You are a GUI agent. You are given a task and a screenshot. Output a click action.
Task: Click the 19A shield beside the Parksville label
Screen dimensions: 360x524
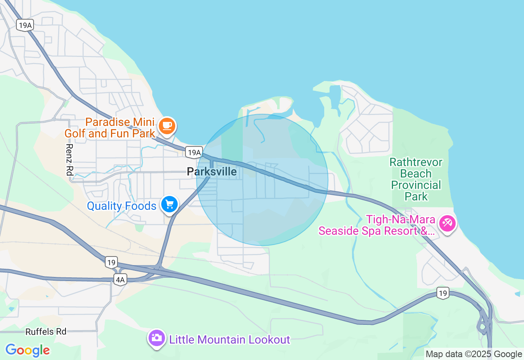pos(194,153)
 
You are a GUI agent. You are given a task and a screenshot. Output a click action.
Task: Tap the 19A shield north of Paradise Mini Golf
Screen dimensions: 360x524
pos(25,25)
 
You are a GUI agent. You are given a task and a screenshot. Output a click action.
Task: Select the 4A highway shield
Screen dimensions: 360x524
pos(120,280)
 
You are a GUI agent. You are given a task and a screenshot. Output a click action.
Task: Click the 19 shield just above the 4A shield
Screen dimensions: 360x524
pos(111,262)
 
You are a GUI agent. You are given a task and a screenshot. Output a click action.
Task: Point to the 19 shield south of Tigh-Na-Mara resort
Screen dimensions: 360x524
pos(443,292)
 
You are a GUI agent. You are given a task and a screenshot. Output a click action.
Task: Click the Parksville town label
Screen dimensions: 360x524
pos(212,171)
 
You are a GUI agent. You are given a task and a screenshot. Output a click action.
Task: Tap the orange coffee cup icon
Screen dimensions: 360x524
pos(167,126)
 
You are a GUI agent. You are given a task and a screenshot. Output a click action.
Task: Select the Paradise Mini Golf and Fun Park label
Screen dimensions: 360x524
pos(110,128)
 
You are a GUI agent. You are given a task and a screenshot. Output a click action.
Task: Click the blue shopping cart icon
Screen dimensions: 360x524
pos(169,204)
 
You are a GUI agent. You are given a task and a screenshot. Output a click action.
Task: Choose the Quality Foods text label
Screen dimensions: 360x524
pos(122,206)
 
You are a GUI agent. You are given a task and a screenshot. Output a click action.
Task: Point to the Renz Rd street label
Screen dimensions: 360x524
pos(69,160)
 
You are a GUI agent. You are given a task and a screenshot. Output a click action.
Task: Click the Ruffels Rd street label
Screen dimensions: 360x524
pos(46,331)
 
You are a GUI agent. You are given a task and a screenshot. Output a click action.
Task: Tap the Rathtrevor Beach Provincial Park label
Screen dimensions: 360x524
pos(416,179)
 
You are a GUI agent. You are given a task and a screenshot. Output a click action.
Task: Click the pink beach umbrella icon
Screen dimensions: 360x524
pos(447,223)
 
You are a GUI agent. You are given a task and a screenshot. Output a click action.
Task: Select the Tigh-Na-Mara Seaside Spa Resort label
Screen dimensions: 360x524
pos(377,225)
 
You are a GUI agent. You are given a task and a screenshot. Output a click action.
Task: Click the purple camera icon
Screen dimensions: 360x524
pos(156,338)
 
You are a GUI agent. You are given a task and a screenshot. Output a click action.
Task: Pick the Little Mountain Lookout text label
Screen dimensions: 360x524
pos(230,340)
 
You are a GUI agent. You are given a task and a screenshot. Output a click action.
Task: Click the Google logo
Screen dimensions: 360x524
pos(28,350)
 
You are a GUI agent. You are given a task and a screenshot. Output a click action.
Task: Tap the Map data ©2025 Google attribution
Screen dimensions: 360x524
pos(474,354)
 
